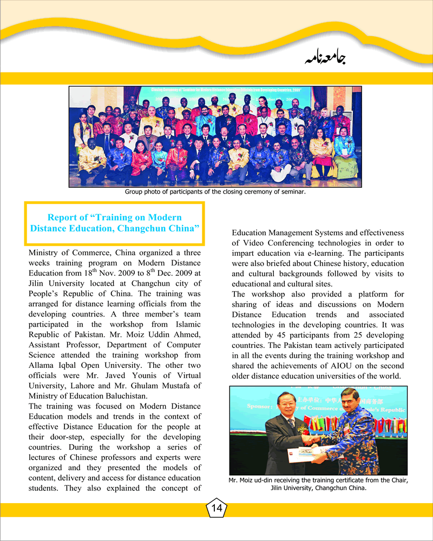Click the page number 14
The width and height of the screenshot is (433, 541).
click(216, 507)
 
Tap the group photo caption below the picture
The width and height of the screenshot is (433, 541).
click(215, 192)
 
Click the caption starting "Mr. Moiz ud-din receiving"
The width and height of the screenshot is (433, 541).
click(318, 480)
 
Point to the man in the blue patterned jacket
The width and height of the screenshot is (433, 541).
click(352, 438)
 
